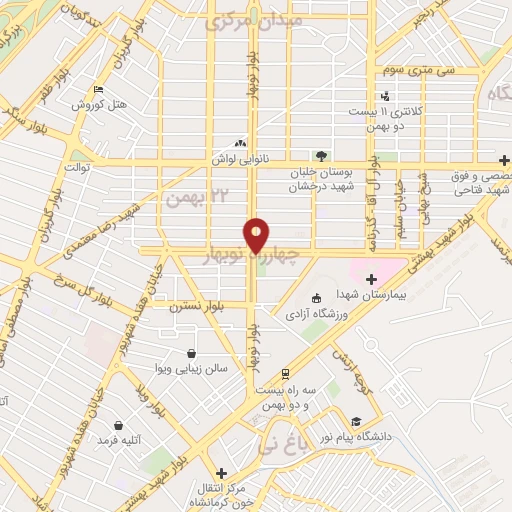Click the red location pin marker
pos(256,236)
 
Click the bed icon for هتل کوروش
pos(96,90)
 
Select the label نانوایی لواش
pos(236,159)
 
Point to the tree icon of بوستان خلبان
pos(321,156)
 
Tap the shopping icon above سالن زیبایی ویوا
pos(192,352)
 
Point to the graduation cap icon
pos(356,422)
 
